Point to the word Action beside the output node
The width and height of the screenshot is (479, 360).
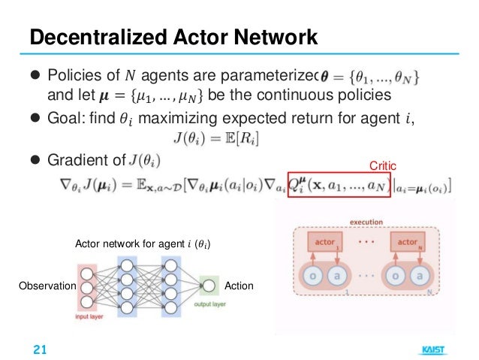coord(239,286)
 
